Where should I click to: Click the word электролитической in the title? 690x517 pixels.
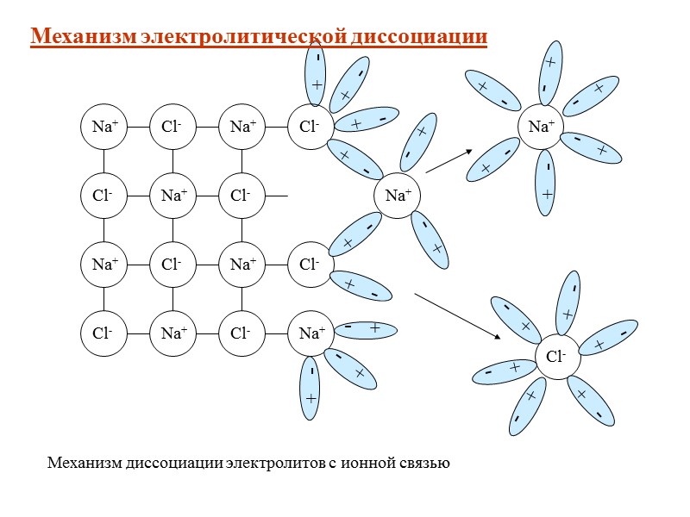point(245,37)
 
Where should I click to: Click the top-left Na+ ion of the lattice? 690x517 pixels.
point(104,127)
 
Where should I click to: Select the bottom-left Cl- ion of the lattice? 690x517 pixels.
point(104,332)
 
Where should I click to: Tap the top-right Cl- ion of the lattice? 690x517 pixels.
point(310,127)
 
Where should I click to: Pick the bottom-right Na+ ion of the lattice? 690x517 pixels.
point(310,332)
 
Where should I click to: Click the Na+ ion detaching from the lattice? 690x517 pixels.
point(397,196)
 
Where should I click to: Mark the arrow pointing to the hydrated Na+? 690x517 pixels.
point(449,161)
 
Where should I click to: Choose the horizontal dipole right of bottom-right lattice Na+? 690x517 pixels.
point(362,329)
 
